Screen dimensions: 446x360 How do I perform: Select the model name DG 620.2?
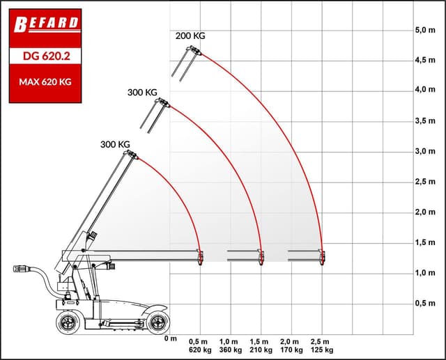[47, 56]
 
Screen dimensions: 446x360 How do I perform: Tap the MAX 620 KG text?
[45, 82]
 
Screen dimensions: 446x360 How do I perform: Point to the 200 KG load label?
[190, 36]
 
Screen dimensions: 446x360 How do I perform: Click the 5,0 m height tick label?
[425, 30]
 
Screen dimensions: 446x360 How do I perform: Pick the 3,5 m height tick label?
[425, 120]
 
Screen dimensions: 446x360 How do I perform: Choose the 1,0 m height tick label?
[425, 273]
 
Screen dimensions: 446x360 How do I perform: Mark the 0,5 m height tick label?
[425, 303]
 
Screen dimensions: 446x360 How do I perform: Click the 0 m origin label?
[170, 338]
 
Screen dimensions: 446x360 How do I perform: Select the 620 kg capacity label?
[200, 350]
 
